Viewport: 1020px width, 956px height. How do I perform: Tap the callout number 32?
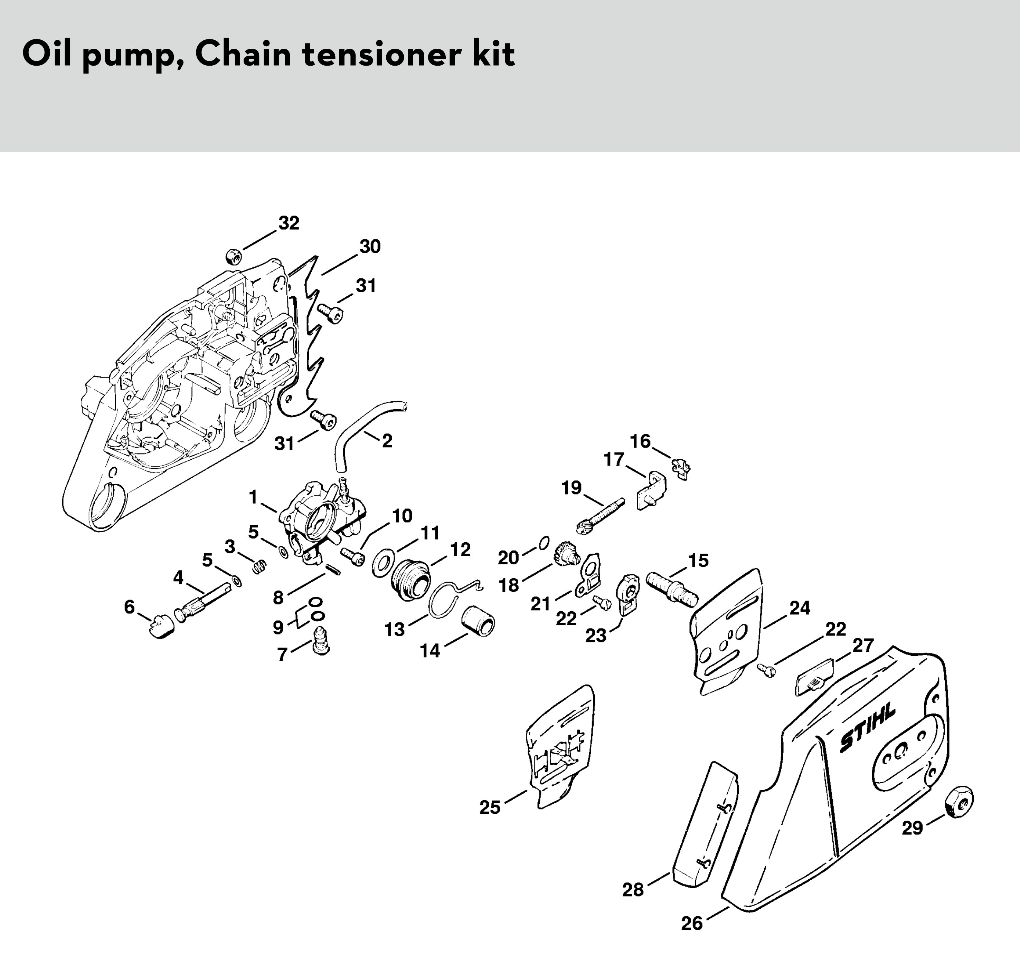pyautogui.click(x=289, y=223)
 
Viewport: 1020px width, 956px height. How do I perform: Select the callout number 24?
pyautogui.click(x=799, y=608)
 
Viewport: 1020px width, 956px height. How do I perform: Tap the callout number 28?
pyautogui.click(x=633, y=890)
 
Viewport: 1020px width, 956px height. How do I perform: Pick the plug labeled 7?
pyautogui.click(x=321, y=640)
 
